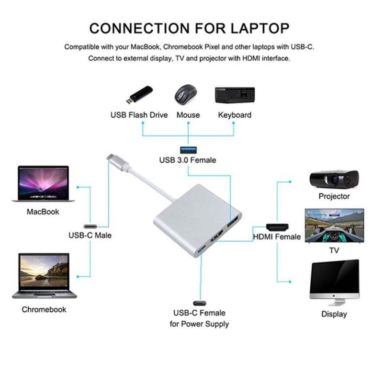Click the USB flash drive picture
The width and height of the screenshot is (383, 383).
139,95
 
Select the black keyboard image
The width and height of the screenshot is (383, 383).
235,96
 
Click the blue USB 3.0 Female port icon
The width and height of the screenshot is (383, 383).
187,149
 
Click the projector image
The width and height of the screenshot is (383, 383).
334,179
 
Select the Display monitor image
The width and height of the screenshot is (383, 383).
334,282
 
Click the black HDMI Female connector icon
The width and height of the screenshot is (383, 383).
277,226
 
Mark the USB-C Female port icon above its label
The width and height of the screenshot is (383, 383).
199,303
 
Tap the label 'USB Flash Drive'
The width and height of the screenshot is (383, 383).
139,115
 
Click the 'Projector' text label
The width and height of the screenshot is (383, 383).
334,196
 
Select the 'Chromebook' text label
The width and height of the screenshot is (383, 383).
44,309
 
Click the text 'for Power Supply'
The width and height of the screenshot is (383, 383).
199,324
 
